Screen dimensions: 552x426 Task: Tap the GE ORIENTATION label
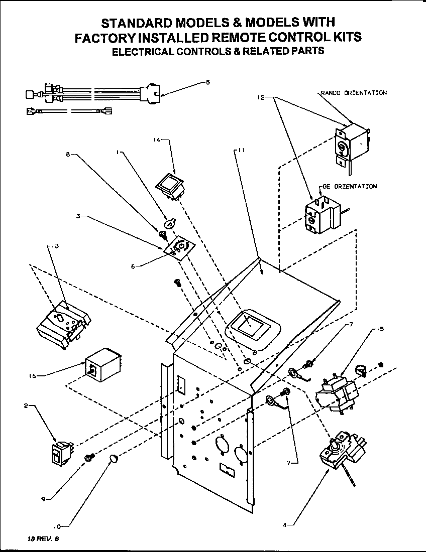pyautogui.click(x=348, y=186)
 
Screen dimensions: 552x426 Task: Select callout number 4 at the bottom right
pyautogui.click(x=284, y=525)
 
